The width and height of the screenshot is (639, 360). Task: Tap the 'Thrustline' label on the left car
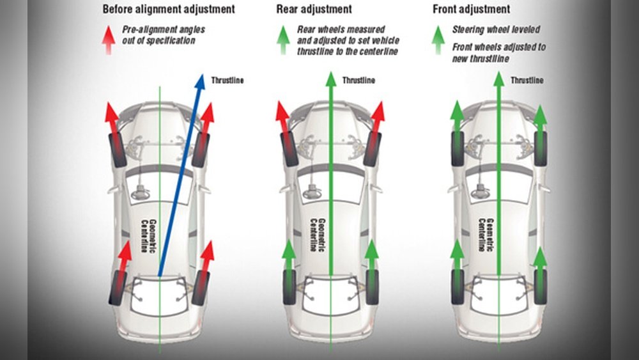point(227,81)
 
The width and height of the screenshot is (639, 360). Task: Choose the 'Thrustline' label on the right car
point(527,81)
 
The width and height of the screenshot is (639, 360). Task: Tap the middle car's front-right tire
point(373,148)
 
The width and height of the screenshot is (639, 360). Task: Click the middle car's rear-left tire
point(289,286)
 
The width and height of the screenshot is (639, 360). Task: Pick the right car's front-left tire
point(458,148)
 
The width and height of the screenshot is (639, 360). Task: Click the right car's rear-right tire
point(541,286)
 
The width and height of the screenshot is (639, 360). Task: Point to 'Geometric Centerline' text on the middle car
point(317,233)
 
